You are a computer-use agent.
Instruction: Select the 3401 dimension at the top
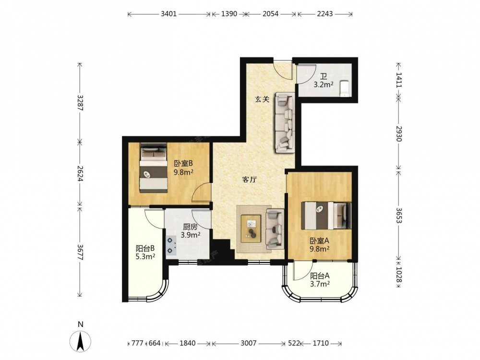(x=168, y=14)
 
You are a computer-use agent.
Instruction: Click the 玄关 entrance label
(x=263, y=99)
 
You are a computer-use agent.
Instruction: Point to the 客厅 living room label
(x=249, y=180)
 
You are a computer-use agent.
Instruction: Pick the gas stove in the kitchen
(x=171, y=245)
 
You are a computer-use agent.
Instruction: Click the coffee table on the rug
(x=251, y=228)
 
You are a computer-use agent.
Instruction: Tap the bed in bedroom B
(x=154, y=168)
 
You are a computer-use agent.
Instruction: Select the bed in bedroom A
(x=326, y=216)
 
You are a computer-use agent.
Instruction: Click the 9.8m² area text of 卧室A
(x=319, y=249)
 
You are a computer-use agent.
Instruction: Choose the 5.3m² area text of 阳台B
(x=145, y=256)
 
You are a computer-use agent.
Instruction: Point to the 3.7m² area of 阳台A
(x=320, y=284)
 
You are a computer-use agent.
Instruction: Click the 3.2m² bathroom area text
(x=324, y=85)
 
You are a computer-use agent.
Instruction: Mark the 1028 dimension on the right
(x=398, y=275)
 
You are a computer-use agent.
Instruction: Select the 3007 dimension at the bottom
(x=248, y=343)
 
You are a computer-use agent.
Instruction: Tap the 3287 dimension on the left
(x=80, y=103)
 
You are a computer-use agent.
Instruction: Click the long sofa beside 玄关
(x=285, y=122)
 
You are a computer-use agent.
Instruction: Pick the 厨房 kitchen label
(x=190, y=227)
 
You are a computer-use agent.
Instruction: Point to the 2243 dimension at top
(x=325, y=14)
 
